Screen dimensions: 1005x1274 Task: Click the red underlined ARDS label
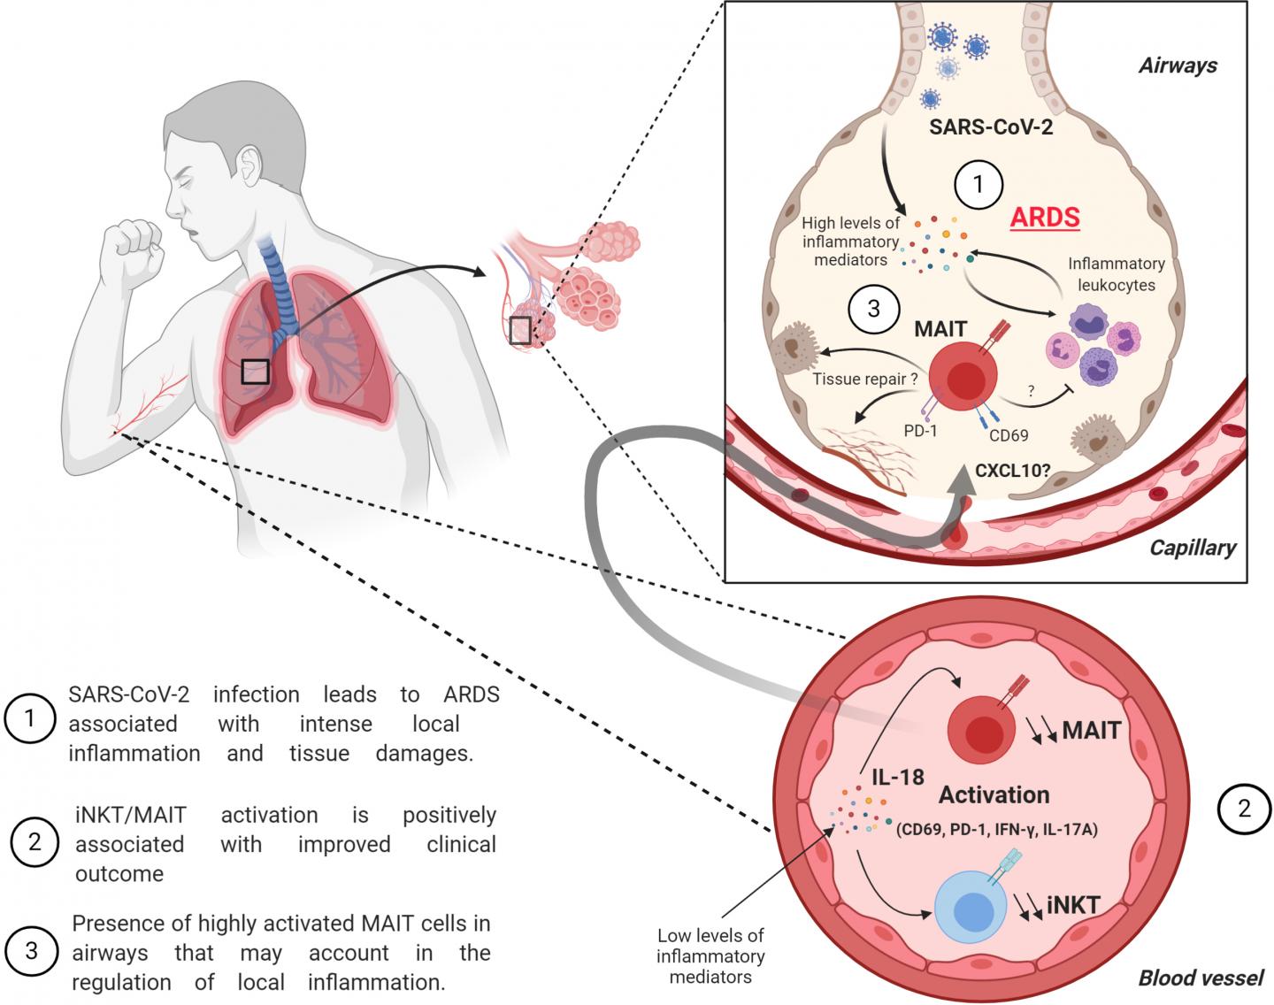(x=1047, y=216)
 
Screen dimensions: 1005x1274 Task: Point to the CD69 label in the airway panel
(x=1008, y=434)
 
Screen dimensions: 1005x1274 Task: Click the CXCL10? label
(x=1012, y=470)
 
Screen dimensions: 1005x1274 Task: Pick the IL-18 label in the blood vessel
(x=897, y=778)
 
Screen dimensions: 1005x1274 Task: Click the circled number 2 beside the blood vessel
(x=1243, y=808)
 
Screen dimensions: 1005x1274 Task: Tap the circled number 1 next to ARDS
(x=978, y=185)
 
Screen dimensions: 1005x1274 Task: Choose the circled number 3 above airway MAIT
(x=873, y=309)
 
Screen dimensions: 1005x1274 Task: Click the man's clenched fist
(x=133, y=243)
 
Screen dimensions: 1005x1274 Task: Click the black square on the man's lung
(x=255, y=371)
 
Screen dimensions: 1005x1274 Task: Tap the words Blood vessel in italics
(x=1200, y=978)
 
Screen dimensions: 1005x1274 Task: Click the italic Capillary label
(x=1192, y=548)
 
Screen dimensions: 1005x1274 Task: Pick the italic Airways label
(x=1178, y=65)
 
